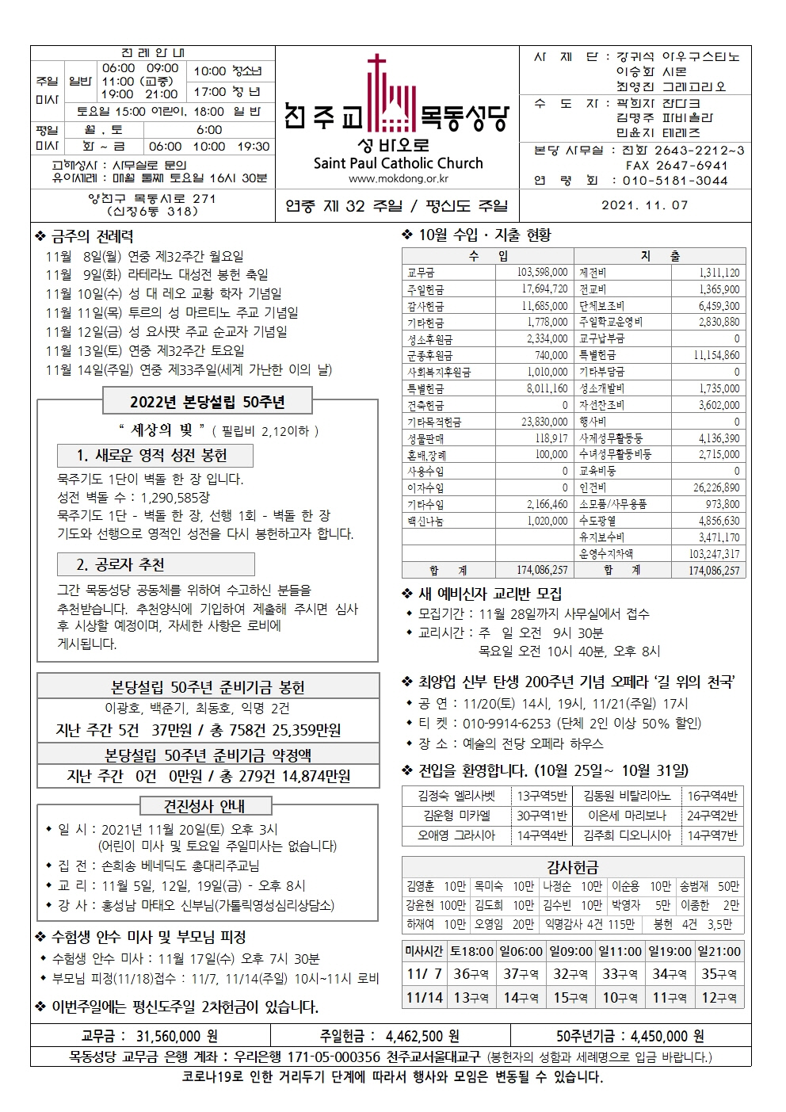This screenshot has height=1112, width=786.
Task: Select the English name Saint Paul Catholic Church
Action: tap(398, 163)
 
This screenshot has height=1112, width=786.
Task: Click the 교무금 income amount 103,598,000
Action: tap(542, 273)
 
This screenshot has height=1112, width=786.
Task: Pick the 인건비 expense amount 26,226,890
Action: tap(715, 488)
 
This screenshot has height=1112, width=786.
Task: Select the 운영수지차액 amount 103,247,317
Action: tap(714, 554)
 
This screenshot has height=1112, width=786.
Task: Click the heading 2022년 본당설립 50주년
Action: tap(208, 402)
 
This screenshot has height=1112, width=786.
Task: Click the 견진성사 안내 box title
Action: tap(204, 806)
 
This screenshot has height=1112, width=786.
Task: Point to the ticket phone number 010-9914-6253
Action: tap(506, 723)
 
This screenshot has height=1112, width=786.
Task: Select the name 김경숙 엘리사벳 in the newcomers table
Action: tap(456, 796)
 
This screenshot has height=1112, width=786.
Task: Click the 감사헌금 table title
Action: tap(572, 867)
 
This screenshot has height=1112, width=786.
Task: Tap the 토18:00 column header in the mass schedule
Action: tap(471, 951)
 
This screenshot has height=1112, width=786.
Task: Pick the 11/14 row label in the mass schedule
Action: tap(425, 997)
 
